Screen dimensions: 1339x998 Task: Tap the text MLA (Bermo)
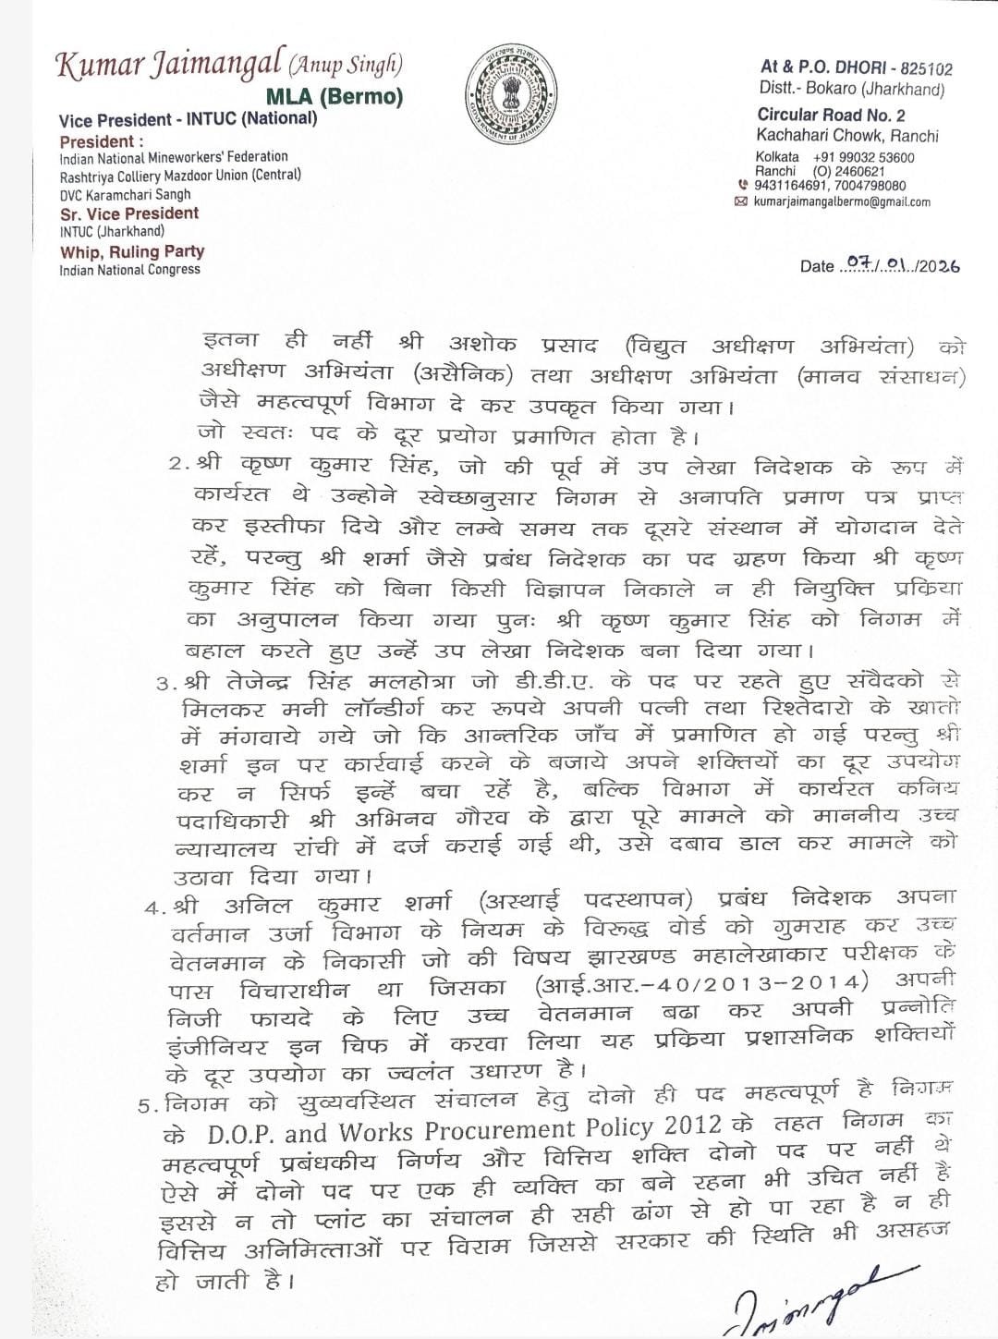335,96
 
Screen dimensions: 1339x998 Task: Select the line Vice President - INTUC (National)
188,119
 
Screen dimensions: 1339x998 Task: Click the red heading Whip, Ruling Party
132,251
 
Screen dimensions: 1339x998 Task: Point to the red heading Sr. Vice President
129,213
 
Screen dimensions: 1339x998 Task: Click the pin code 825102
924,67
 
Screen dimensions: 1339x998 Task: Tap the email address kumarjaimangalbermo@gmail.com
843,201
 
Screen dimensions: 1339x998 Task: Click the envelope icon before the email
740,201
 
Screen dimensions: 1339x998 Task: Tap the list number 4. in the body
155,907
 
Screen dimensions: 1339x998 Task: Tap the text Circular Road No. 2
831,115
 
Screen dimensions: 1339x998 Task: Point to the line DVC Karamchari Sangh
125,194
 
